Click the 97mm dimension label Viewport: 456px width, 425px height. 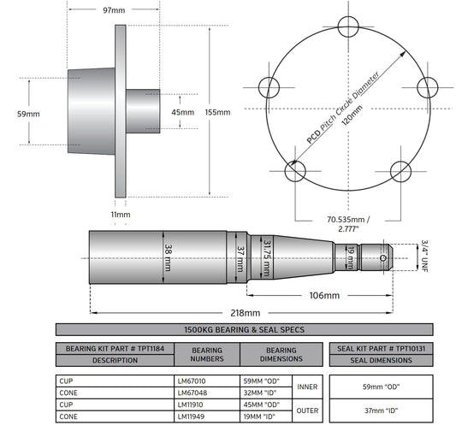click(x=114, y=10)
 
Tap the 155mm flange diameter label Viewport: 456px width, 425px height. click(x=217, y=112)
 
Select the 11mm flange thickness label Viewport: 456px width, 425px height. click(x=121, y=215)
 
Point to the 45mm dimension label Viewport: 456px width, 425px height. click(x=182, y=112)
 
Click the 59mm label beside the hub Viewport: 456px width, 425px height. click(x=28, y=114)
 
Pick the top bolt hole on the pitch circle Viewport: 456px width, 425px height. click(x=348, y=27)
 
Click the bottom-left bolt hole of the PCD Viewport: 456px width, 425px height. click(x=295, y=171)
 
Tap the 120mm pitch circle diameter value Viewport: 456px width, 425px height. click(x=352, y=115)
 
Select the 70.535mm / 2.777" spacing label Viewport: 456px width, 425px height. click(x=348, y=224)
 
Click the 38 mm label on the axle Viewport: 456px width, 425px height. click(x=168, y=257)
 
